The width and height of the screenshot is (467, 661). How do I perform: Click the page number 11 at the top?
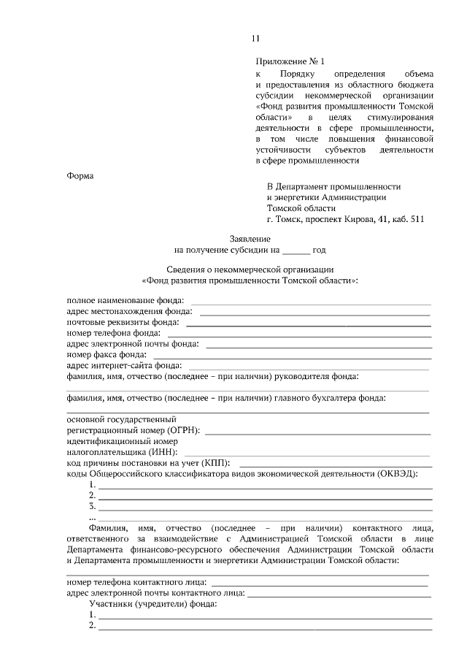pos(255,39)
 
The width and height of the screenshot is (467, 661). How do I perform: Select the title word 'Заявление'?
pos(250,239)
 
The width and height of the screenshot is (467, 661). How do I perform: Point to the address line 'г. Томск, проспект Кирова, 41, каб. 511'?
pos(344,218)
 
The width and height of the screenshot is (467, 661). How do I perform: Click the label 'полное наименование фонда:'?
pos(125,300)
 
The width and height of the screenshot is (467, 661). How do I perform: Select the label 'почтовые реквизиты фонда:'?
pos(122,322)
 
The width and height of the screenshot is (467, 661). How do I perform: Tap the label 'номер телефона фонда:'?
pos(113,333)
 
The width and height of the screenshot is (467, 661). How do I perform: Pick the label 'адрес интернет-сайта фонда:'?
pos(124,365)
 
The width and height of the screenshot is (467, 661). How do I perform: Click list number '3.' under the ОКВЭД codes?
pos(92,505)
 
